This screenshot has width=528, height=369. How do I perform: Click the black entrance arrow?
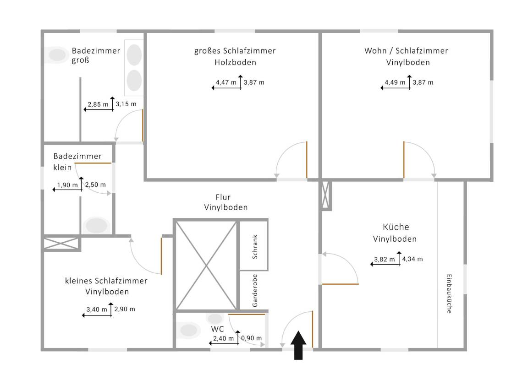(299, 345)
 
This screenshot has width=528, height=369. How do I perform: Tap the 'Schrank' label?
(255, 248)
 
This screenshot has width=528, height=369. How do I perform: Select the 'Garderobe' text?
(255, 291)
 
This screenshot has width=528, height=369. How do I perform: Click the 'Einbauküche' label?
(449, 293)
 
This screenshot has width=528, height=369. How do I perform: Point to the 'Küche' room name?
(396, 227)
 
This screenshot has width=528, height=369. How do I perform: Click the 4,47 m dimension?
(226, 83)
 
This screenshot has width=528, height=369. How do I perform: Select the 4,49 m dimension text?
(396, 83)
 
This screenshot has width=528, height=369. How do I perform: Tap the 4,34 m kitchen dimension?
(412, 259)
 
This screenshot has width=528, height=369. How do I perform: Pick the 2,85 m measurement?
(98, 104)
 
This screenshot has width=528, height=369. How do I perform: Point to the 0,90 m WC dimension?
(252, 338)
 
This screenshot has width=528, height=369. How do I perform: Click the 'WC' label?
(217, 329)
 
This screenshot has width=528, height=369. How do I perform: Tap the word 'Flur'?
(225, 197)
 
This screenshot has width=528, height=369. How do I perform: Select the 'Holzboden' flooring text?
(235, 62)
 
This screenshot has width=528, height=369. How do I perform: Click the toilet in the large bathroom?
(57, 55)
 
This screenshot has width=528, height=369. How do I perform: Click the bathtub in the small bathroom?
(96, 225)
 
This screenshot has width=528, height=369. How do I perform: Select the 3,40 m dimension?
(97, 309)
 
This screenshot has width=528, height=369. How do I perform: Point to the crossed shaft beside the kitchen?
(326, 195)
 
